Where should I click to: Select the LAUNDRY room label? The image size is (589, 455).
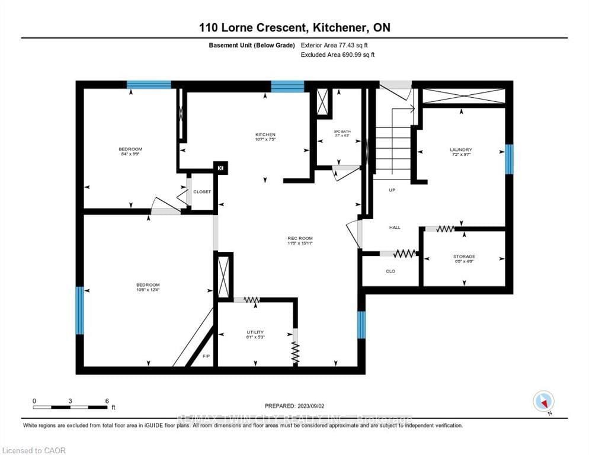point(460,150)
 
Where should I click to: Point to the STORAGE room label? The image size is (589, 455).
point(464,257)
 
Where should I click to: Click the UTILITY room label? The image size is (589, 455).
point(255,332)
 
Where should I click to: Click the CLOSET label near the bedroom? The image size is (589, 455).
point(202,191)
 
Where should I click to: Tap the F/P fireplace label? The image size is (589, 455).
point(206,357)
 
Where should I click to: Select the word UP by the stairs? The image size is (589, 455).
point(392,190)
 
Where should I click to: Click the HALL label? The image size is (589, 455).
point(395,227)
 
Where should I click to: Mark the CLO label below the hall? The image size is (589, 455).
point(390,271)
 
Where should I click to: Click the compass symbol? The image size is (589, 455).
point(543,402)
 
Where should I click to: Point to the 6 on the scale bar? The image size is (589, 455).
point(107,400)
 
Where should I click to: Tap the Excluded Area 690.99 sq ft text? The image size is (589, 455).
point(338,55)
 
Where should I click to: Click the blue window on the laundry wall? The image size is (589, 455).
point(508,159)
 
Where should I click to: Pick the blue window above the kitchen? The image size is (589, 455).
point(287,86)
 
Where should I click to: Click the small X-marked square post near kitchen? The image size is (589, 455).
point(221,168)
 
